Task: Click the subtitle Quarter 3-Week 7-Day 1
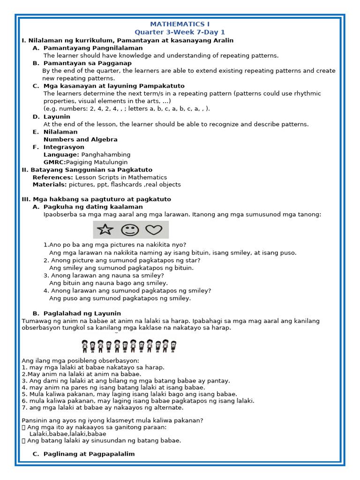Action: (180, 32)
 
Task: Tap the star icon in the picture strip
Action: (105, 230)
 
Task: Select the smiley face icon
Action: (130, 230)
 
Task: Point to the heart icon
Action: (153, 230)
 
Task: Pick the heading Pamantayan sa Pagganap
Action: (87, 63)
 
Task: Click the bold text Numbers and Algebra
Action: (80, 139)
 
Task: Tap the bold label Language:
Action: (61, 155)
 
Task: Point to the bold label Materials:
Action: (50, 185)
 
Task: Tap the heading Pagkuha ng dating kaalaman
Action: (93, 207)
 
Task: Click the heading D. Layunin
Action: (57, 117)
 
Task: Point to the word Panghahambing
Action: (106, 155)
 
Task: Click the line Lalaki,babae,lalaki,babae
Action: (67, 434)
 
